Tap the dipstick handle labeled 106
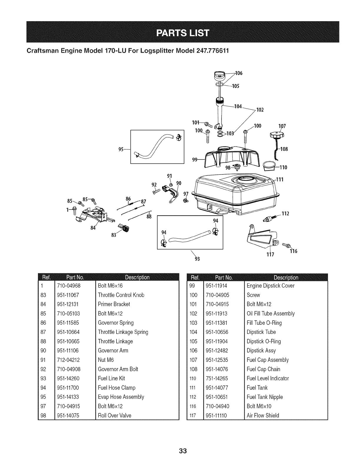click(220, 76)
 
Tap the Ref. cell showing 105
click(193, 342)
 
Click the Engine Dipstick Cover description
click(270, 286)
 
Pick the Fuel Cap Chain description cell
click(263, 369)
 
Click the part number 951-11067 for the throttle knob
click(68, 295)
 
